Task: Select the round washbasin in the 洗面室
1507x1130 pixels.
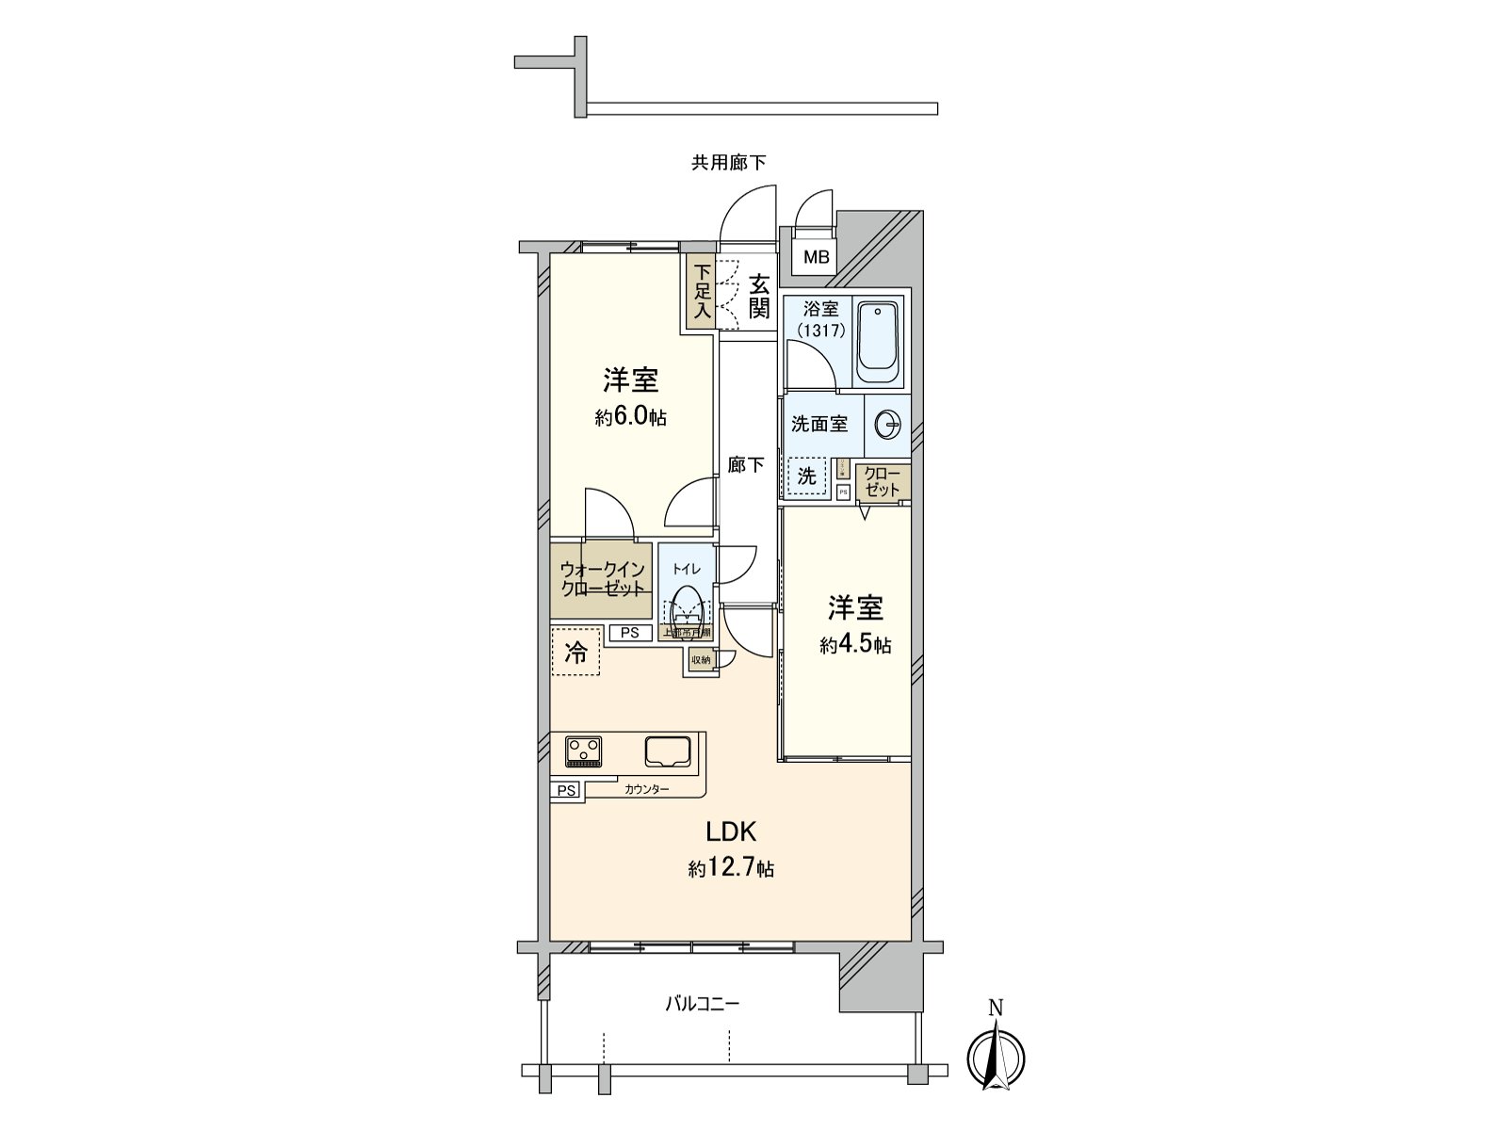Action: coord(887,426)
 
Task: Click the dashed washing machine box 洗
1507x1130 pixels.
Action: coord(807,476)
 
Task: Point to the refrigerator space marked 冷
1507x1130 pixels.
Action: coord(575,652)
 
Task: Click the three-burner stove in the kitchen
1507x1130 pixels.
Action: coord(584,751)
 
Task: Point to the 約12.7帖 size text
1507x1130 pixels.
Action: coord(731,868)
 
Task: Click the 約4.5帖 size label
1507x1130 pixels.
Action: coord(855,646)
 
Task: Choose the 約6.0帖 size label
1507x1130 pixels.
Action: coord(630,418)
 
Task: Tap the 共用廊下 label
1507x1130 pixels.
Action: coord(728,163)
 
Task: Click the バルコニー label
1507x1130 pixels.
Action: coord(702,1004)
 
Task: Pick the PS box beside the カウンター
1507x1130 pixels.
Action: coord(566,791)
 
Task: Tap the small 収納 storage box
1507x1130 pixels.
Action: coord(701,660)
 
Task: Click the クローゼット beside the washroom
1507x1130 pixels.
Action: coord(882,481)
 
